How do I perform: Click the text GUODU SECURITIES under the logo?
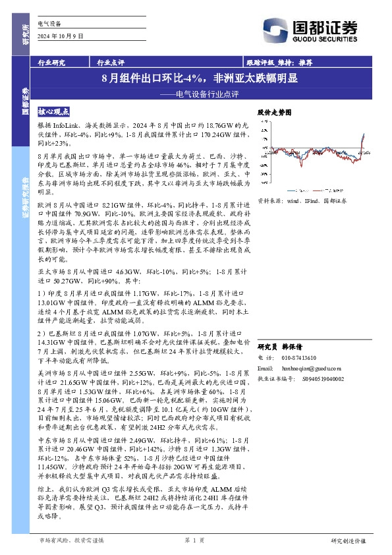pyautogui.click(x=333, y=38)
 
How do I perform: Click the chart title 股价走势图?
pyautogui.click(x=273, y=113)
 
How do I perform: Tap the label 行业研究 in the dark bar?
pyautogui.click(x=51, y=63)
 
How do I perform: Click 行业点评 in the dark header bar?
pyautogui.click(x=111, y=63)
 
